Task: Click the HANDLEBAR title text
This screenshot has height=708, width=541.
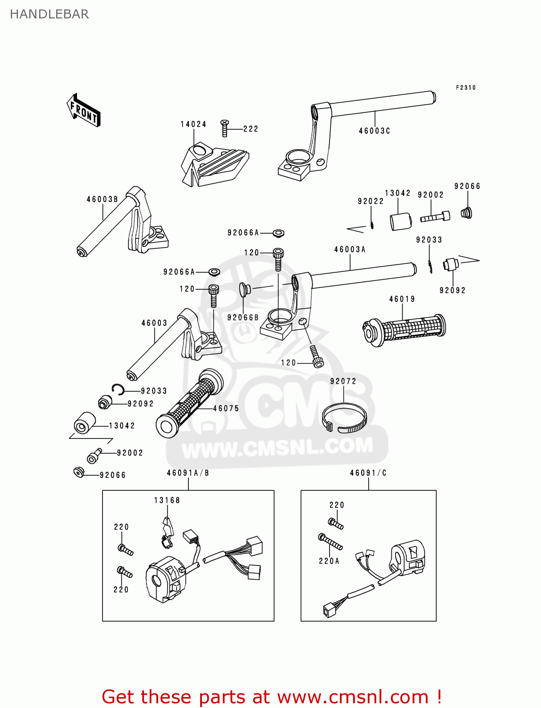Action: (x=49, y=14)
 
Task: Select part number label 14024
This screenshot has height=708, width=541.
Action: (x=194, y=124)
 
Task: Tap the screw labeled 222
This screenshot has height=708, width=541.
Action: (x=225, y=128)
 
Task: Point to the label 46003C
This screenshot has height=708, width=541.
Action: (x=374, y=131)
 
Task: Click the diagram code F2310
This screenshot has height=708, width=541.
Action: (x=465, y=88)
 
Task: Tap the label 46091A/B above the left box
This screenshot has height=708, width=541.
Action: (x=188, y=473)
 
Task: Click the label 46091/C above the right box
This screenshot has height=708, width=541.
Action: (x=368, y=473)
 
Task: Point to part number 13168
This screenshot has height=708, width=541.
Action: (x=167, y=500)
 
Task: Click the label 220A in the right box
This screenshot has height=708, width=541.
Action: (x=329, y=561)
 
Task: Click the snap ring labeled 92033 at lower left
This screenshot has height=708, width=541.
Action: (x=118, y=389)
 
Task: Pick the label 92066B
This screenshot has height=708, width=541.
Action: (x=243, y=318)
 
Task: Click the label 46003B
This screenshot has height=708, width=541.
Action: (x=102, y=199)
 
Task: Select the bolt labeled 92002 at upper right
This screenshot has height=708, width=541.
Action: (x=435, y=217)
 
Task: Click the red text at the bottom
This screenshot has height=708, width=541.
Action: (x=271, y=697)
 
